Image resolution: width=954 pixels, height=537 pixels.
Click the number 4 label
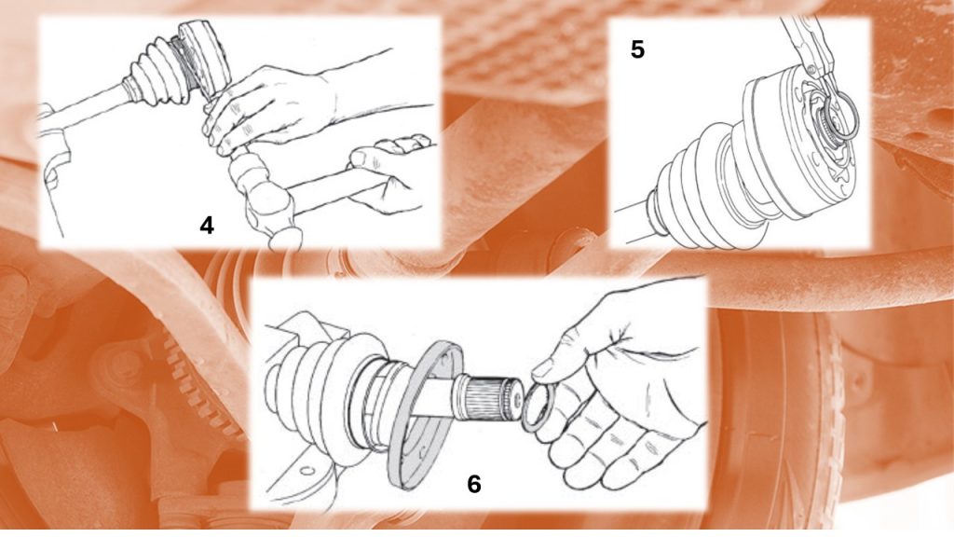[207, 226]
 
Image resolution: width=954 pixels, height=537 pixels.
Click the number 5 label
[637, 49]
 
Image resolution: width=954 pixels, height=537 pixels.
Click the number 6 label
[474, 484]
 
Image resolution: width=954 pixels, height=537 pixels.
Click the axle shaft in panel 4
[85, 113]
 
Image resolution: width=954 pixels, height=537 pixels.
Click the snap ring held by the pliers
[839, 112]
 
